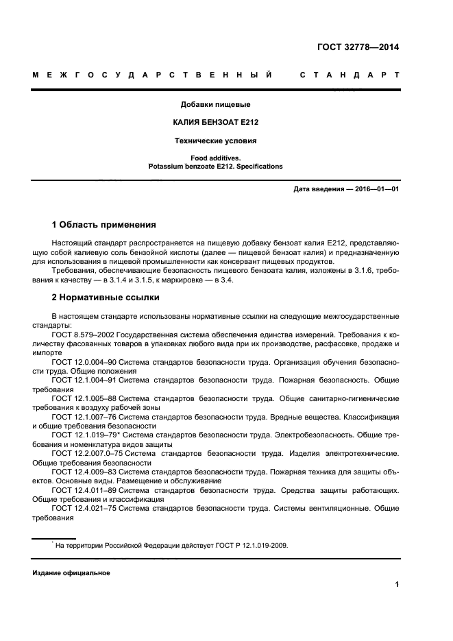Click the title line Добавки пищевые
click(215, 105)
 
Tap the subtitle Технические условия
click(215, 141)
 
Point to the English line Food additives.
click(215, 158)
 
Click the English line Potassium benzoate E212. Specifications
click(215, 167)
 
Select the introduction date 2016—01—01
click(370, 189)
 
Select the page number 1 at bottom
click(397, 585)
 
